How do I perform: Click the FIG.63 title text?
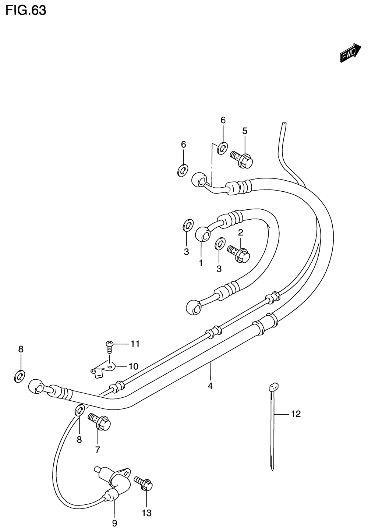(x=26, y=10)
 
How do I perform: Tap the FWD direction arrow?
(x=350, y=52)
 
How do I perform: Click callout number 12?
(x=296, y=414)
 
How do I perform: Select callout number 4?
(x=210, y=386)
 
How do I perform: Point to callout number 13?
(x=146, y=513)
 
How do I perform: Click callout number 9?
(x=114, y=523)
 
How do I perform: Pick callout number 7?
(x=98, y=449)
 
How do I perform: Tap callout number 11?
(x=135, y=344)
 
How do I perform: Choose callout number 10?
(x=133, y=366)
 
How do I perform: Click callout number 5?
(x=245, y=131)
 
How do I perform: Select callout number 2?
(x=241, y=232)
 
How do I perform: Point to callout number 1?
(x=201, y=263)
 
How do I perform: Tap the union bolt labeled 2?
(x=240, y=253)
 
